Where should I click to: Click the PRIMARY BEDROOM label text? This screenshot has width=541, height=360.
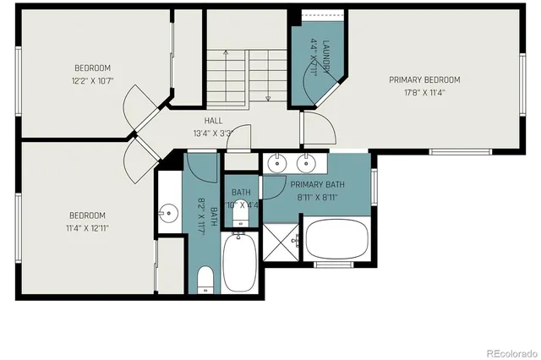[x=429, y=80]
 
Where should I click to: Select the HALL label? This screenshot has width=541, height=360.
[x=213, y=121]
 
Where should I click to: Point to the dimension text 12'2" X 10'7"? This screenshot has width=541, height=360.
[x=92, y=80]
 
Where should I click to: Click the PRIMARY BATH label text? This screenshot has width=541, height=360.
[x=317, y=185]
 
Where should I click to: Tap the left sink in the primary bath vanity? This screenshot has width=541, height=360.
[x=277, y=163]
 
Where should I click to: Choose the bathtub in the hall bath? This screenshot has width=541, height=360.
[x=242, y=263]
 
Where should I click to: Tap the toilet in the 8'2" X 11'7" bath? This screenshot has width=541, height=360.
[x=205, y=280]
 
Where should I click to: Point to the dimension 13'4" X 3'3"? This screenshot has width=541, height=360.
[x=213, y=133]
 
